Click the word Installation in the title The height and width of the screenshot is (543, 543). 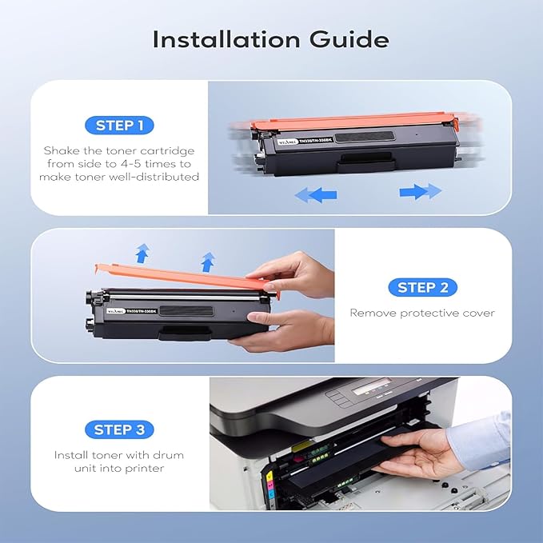226,39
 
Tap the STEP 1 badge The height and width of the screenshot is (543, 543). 119,126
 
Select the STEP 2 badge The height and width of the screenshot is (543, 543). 422,288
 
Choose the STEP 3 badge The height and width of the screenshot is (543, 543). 119,430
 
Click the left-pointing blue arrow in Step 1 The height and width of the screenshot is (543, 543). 315,194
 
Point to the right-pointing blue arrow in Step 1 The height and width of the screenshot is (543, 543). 420,191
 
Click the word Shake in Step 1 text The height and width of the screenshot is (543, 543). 60,150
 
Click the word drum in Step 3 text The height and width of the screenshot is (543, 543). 166,455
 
